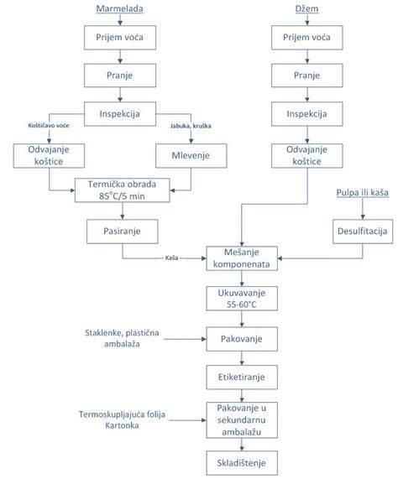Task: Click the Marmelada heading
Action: click(119, 8)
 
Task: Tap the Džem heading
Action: click(306, 8)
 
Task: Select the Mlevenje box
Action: click(191, 155)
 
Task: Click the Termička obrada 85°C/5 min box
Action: click(123, 190)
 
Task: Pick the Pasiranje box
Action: click(123, 232)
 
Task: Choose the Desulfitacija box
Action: click(363, 232)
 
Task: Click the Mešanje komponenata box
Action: click(242, 258)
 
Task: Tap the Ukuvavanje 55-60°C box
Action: click(242, 299)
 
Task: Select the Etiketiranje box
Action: click(242, 377)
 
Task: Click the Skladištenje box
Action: click(242, 463)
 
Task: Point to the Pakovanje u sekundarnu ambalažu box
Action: click(242, 420)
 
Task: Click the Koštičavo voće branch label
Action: click(49, 126)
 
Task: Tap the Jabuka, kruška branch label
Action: click(191, 126)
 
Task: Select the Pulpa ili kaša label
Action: click(363, 193)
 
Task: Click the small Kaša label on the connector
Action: click(171, 258)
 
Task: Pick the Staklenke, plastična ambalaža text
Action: click(122, 338)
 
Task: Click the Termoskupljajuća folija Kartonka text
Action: click(122, 419)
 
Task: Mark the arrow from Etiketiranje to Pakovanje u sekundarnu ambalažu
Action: click(242, 396)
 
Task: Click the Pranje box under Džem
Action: click(307, 75)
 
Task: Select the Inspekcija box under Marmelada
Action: click(120, 114)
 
